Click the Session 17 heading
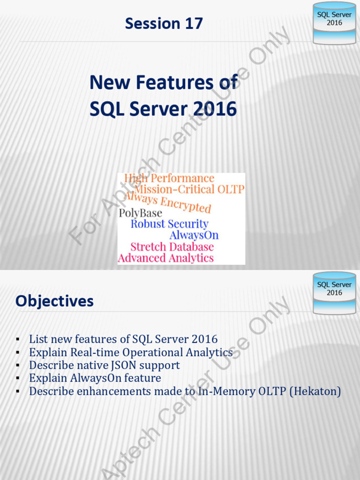tap(164, 23)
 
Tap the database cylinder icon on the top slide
tap(334, 23)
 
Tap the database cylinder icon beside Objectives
tap(334, 293)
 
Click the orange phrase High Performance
tap(169, 179)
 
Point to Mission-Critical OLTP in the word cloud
tap(190, 189)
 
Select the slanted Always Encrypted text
tap(167, 202)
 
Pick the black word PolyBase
tap(140, 213)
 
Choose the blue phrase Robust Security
tap(169, 224)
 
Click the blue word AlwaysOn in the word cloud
tap(194, 235)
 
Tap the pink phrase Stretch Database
tap(172, 247)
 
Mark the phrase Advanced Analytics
tap(165, 258)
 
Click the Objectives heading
tap(54, 301)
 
